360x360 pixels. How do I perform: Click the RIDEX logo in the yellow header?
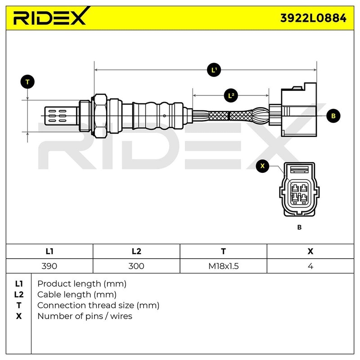click(49, 18)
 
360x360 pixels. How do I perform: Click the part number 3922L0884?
click(313, 18)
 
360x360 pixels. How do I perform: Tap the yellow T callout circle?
click(27, 82)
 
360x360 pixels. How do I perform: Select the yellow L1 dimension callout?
click(214, 70)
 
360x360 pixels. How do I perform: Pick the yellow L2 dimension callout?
click(231, 95)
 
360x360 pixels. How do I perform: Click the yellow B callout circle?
click(333, 116)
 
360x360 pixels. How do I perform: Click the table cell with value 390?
click(49, 266)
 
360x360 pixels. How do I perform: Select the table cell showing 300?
click(136, 266)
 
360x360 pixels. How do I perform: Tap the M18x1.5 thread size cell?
click(223, 266)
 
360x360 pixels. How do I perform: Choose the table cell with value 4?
click(310, 266)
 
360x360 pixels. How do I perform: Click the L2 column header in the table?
click(136, 252)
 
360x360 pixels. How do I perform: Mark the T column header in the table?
click(223, 252)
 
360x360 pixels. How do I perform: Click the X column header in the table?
click(310, 252)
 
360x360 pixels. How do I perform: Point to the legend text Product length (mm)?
click(81, 284)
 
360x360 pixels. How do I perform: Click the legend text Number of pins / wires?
click(85, 316)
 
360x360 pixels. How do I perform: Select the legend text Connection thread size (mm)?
click(98, 306)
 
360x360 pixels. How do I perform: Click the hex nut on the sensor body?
click(99, 116)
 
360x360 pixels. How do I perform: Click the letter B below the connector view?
click(299, 227)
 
